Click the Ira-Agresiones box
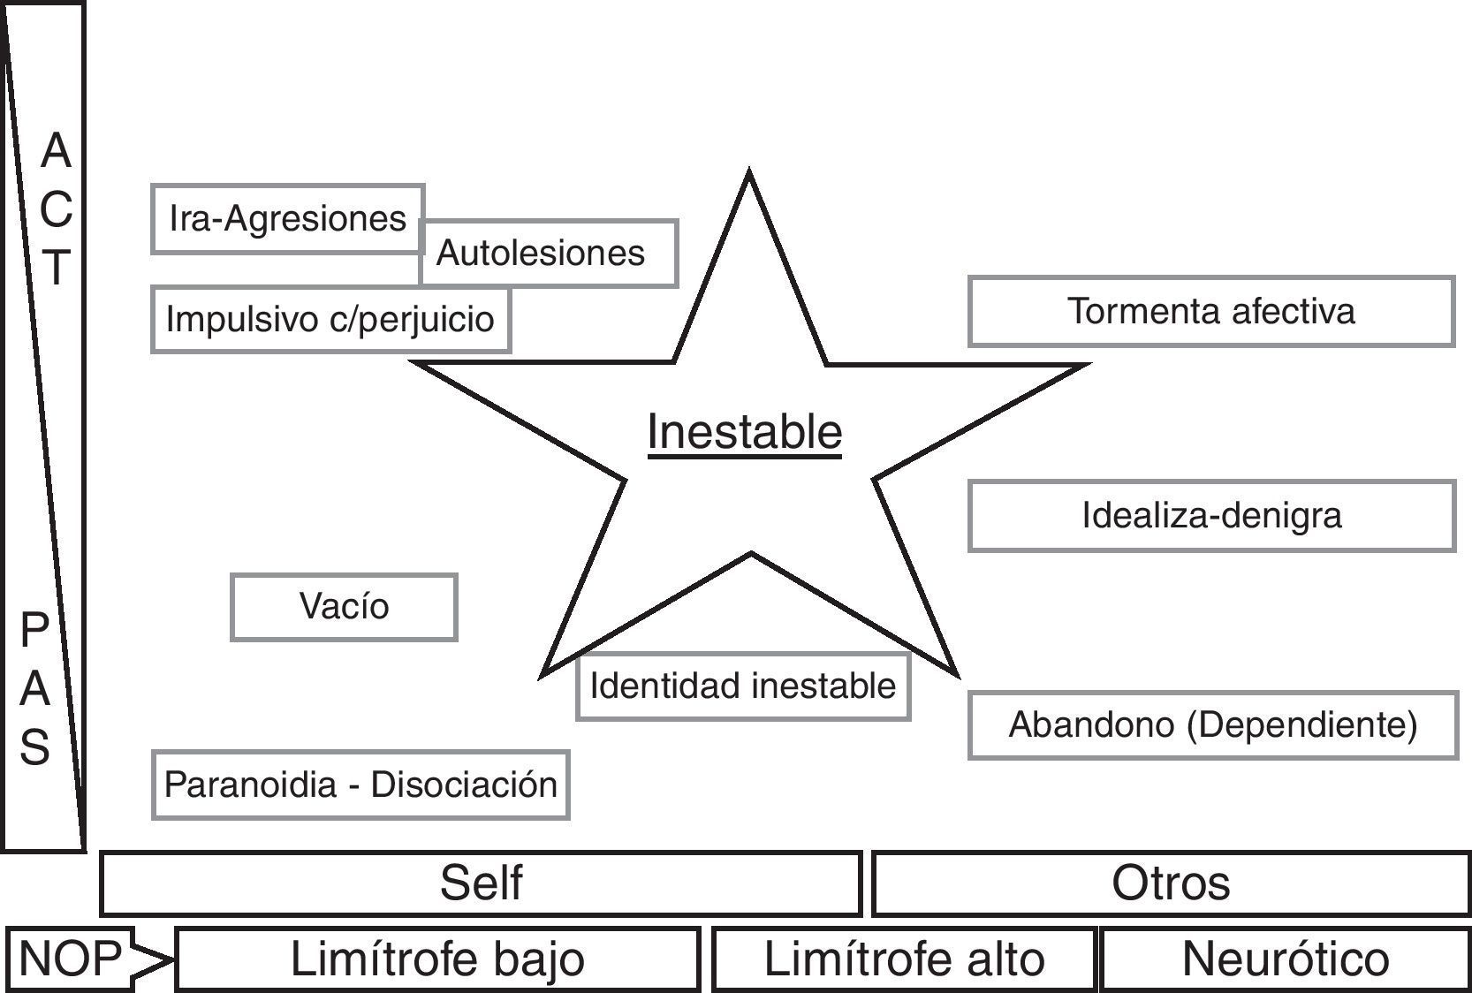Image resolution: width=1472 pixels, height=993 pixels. (287, 219)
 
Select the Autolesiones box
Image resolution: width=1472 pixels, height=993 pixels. (549, 254)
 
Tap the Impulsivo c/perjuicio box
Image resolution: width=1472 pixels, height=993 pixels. (330, 319)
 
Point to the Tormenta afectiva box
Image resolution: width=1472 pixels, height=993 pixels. (1210, 311)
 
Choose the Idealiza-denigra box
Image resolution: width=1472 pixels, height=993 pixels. (1210, 516)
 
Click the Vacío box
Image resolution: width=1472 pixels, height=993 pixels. (344, 607)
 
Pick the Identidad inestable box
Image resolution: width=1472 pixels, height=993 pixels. (742, 686)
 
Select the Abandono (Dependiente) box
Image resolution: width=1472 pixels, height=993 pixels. (1212, 725)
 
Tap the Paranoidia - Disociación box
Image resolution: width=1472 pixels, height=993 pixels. (360, 785)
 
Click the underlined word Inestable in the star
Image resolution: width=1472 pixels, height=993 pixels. (744, 433)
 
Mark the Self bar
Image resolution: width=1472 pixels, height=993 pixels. (481, 883)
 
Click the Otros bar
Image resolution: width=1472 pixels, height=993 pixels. (1171, 883)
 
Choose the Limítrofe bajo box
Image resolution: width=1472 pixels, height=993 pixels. (437, 959)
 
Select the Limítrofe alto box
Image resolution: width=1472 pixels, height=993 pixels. (904, 959)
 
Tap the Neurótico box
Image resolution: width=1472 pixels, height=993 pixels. (1285, 959)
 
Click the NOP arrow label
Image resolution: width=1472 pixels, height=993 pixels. (71, 959)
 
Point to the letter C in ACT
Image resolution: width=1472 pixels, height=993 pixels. (56, 208)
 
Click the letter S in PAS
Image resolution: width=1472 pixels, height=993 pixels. (35, 747)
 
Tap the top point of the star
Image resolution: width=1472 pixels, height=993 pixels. (749, 175)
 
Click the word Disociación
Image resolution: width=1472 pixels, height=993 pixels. (464, 785)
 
